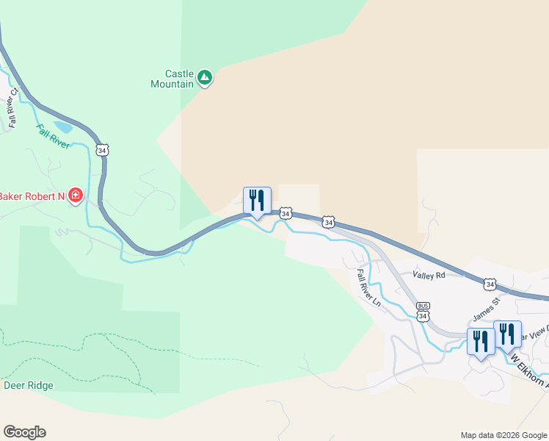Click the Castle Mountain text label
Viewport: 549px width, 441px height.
click(178, 79)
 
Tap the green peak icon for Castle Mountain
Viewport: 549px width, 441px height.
click(205, 77)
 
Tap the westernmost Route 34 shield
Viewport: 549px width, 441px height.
click(102, 150)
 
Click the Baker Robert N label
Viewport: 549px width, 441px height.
click(32, 196)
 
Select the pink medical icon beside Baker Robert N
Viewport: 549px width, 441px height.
click(75, 195)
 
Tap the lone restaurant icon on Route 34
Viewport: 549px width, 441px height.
click(257, 200)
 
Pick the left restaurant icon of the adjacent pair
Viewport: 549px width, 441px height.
click(481, 341)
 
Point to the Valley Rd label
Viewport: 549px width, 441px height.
click(429, 275)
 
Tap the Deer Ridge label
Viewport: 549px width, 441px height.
click(29, 385)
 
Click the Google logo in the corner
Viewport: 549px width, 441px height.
click(24, 432)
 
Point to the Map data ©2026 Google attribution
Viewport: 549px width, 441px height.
click(503, 435)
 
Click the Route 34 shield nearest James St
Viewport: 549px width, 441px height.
click(490, 284)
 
